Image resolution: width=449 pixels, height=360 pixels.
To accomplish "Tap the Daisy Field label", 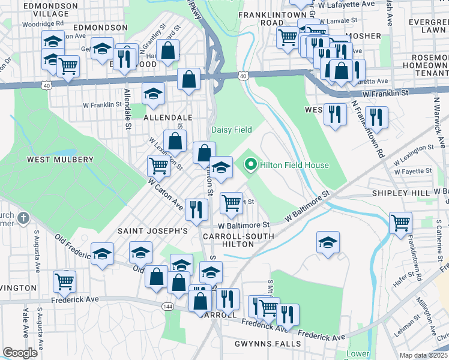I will [x=231, y=130].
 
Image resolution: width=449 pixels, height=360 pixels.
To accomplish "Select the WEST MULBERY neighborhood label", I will [x=60, y=160].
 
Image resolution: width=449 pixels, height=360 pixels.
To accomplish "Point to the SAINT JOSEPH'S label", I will [x=152, y=231].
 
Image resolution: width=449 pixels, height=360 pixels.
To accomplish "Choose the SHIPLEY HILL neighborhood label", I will [x=400, y=193].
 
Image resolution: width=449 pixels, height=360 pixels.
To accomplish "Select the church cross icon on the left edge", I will [x=23, y=218].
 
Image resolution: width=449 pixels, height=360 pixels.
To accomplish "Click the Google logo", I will [x=20, y=352].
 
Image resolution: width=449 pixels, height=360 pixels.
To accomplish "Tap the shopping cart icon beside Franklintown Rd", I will [x=400, y=223].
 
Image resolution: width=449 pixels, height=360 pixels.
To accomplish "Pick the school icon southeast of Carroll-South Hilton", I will [x=328, y=243].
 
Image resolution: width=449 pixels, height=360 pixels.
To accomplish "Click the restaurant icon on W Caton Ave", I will [x=196, y=209].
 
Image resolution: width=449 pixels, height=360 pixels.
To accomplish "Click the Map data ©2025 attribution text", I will [x=424, y=355].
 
